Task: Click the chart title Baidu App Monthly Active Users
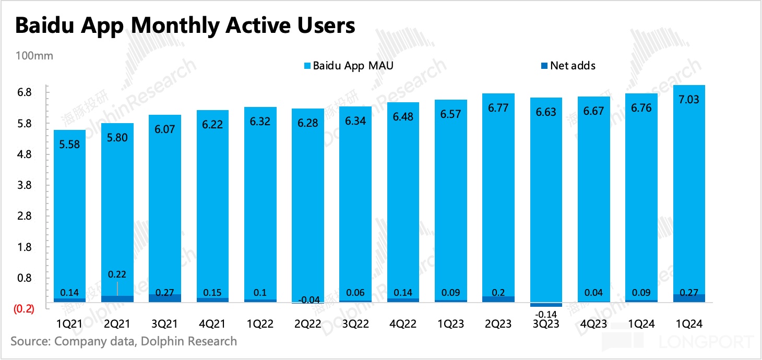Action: (x=185, y=26)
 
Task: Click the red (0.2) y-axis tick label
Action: (x=23, y=309)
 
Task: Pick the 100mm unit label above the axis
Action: (x=34, y=56)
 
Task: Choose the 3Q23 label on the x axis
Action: (x=546, y=324)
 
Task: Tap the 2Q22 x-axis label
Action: (x=308, y=324)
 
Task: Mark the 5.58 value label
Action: (x=70, y=145)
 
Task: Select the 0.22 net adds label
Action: (x=117, y=274)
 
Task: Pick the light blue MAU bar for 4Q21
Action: (x=212, y=203)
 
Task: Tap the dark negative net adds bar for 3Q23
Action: (x=546, y=305)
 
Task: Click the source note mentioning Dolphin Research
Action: (x=124, y=342)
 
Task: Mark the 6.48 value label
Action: (x=403, y=116)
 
